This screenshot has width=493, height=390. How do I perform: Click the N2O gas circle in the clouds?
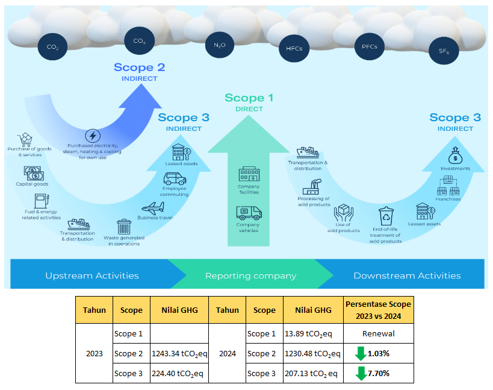[x=220, y=45]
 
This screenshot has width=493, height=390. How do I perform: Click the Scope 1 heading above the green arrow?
[x=249, y=98]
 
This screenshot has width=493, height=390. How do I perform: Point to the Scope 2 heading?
[x=139, y=68]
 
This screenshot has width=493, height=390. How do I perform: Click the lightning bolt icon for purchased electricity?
[x=93, y=136]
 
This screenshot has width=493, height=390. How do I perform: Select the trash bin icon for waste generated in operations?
[x=124, y=227]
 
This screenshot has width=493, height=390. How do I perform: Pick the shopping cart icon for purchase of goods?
[x=26, y=140]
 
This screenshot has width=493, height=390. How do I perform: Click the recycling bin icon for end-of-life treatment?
[x=385, y=216]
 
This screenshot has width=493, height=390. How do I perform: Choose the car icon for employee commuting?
[x=175, y=179]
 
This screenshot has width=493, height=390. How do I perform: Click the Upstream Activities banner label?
[x=92, y=275]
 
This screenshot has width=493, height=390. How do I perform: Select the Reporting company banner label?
[x=250, y=275]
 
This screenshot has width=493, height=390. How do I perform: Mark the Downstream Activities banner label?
[x=407, y=275]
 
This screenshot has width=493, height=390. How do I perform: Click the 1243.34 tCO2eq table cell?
[x=179, y=353]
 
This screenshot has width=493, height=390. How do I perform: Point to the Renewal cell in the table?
[x=378, y=333]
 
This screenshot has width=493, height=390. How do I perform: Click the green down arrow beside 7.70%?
[x=361, y=374]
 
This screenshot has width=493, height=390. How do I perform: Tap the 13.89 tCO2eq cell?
[x=312, y=333]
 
